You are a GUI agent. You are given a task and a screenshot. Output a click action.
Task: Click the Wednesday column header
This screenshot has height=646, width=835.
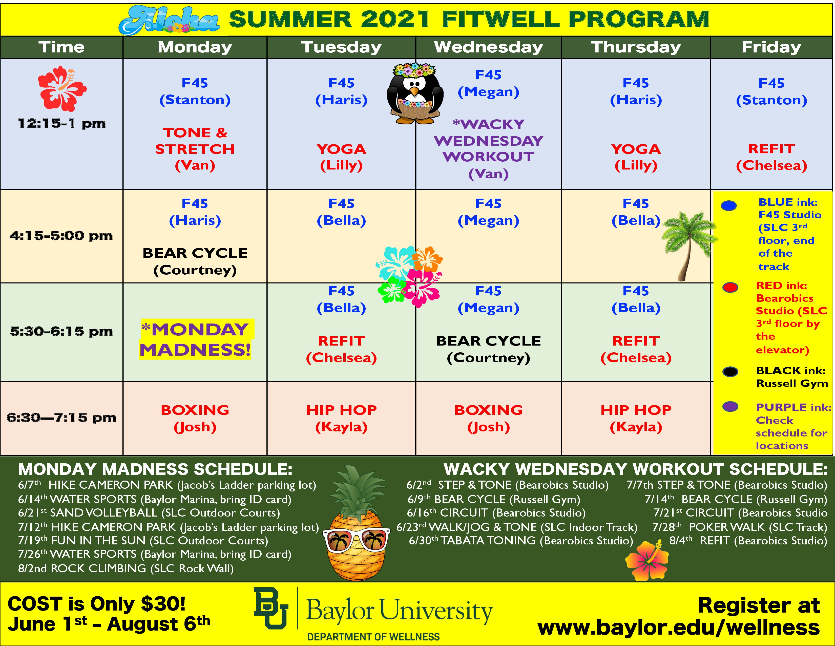(x=488, y=47)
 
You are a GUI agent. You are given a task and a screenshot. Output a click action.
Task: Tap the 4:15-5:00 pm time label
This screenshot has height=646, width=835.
(x=61, y=236)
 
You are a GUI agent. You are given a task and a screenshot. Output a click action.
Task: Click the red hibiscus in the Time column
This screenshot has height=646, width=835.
(x=62, y=88)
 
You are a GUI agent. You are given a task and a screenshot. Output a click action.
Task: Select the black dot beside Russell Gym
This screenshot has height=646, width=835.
(x=730, y=371)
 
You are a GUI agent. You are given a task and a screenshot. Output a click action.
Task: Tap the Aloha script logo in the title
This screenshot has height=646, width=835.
(x=169, y=20)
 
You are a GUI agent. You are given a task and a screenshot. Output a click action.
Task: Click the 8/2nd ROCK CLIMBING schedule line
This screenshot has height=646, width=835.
(x=126, y=568)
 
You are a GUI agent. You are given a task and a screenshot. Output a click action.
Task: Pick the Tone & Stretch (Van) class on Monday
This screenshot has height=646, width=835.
(x=195, y=149)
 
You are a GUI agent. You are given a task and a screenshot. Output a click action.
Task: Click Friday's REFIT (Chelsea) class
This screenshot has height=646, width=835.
(x=771, y=157)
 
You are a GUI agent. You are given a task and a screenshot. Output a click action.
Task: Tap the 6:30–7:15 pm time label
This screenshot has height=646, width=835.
(x=61, y=417)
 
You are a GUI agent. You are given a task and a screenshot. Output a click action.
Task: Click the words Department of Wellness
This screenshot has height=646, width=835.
(x=373, y=637)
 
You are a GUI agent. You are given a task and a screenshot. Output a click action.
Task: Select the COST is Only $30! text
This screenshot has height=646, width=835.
(x=97, y=604)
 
